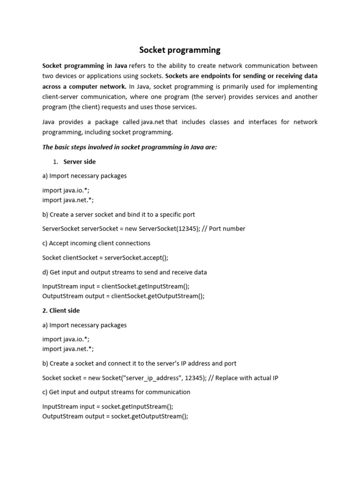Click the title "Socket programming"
[180, 50]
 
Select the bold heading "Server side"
[80, 162]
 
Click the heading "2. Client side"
[61, 310]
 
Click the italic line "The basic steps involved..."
[130, 147]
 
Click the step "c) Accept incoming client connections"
[96, 243]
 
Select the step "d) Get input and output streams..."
[124, 272]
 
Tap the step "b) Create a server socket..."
[119, 214]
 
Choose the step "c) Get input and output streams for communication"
[116, 392]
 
